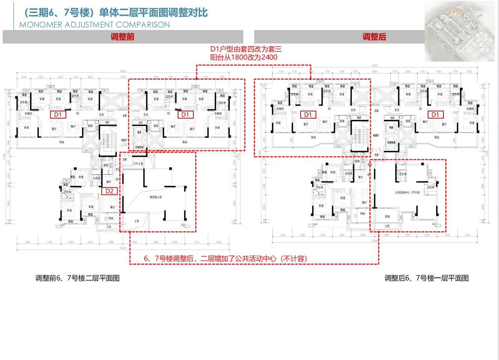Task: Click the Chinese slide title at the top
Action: tap(116, 13)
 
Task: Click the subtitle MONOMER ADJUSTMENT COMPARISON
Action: tap(95, 25)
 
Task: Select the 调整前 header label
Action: tap(122, 37)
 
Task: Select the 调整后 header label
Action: tap(374, 37)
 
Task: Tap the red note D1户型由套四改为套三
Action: tap(246, 49)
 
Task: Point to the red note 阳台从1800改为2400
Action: tap(244, 57)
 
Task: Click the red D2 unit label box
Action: tap(109, 191)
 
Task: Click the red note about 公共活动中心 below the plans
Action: tap(225, 259)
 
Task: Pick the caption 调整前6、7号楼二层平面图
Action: tap(77, 278)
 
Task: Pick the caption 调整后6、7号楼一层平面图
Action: tap(426, 278)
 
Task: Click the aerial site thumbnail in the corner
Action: tap(460, 31)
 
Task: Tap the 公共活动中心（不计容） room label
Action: tap(407, 193)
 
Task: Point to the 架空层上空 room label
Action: tap(155, 197)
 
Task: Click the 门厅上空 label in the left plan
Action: tap(138, 164)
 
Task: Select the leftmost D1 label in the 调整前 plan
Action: tap(58, 114)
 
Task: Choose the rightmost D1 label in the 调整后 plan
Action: tap(435, 114)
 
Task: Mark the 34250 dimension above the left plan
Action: tap(123, 71)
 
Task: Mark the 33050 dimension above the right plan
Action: tap(375, 66)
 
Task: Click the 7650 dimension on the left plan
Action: tap(123, 77)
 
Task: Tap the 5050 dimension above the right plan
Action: tap(375, 71)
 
